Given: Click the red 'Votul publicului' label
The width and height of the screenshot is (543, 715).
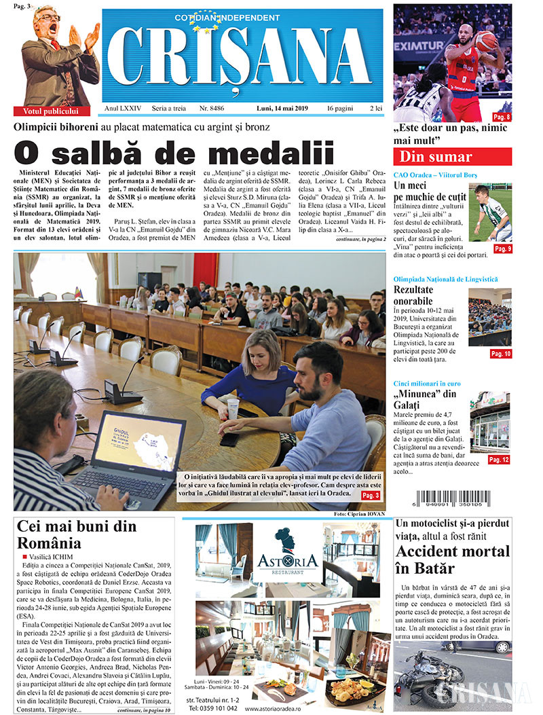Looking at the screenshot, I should [51, 111].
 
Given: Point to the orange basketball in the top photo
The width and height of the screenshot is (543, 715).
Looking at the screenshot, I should [486, 41].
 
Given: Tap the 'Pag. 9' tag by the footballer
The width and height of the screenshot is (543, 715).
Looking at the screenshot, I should [502, 249].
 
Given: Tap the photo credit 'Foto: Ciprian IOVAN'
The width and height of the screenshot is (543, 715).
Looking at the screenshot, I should [359, 514].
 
